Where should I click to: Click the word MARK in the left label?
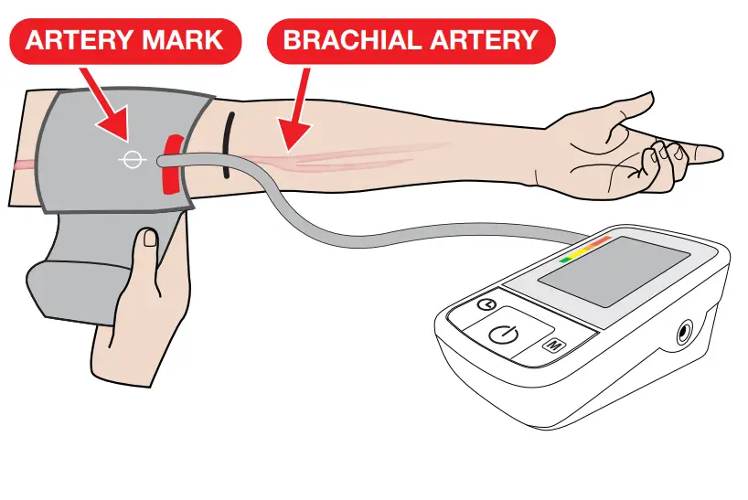[189, 40]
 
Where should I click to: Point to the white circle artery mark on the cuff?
[132, 161]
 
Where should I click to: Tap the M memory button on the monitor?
[553, 346]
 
